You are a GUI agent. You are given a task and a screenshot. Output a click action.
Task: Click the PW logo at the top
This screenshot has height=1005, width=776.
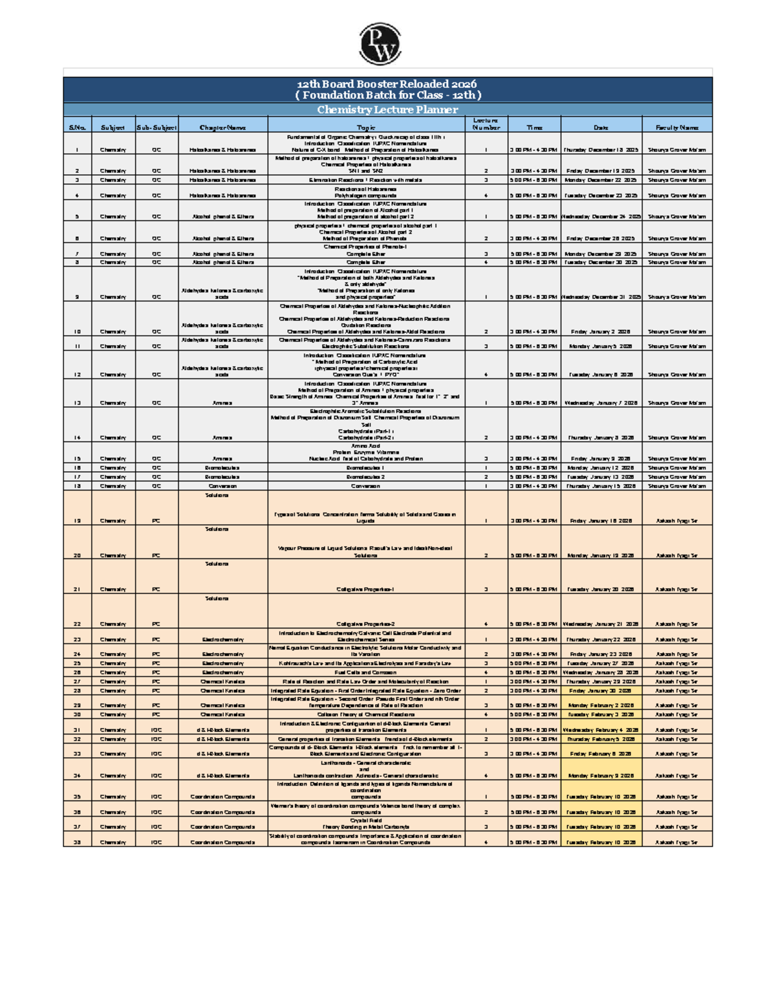pyautogui.click(x=380, y=43)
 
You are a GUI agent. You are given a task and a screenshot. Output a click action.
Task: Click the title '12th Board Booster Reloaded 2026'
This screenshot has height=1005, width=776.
pyautogui.click(x=387, y=84)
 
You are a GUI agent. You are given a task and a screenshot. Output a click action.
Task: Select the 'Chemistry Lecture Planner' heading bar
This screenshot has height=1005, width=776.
pyautogui.click(x=387, y=110)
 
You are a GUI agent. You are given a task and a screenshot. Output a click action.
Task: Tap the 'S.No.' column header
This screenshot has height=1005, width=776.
pyautogui.click(x=77, y=127)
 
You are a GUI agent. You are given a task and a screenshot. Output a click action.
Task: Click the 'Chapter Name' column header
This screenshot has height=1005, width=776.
pyautogui.click(x=222, y=127)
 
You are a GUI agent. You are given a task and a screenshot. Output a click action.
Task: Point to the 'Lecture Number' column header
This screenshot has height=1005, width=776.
pyautogui.click(x=486, y=124)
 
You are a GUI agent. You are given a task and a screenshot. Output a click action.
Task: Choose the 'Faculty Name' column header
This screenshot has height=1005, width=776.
pyautogui.click(x=676, y=127)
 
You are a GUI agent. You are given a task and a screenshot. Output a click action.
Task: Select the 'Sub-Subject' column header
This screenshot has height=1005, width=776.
pyautogui.click(x=156, y=127)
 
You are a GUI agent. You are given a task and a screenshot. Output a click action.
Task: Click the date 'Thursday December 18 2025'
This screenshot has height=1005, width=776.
pyautogui.click(x=601, y=149)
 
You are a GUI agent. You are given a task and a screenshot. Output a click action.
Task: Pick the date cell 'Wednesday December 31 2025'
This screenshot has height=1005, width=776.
pyautogui.click(x=601, y=297)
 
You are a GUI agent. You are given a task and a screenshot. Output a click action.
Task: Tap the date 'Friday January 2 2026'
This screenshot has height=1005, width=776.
pyautogui.click(x=601, y=331)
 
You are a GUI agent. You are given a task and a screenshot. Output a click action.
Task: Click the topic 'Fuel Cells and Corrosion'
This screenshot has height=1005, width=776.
pyautogui.click(x=365, y=672)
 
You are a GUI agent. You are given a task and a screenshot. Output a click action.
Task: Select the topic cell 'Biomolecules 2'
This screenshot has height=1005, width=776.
pyautogui.click(x=365, y=476)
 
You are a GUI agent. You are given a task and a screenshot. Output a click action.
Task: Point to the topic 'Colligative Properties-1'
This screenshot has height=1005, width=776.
pyautogui.click(x=365, y=590)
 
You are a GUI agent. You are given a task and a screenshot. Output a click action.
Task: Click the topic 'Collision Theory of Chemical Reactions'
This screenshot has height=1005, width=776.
pyautogui.click(x=365, y=714)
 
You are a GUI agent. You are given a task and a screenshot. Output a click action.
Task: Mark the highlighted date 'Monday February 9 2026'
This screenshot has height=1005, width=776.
pyautogui.click(x=601, y=775)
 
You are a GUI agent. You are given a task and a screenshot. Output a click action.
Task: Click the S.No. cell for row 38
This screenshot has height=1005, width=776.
pyautogui.click(x=77, y=842)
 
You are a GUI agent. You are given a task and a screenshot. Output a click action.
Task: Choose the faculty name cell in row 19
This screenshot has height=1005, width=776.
pyautogui.click(x=676, y=520)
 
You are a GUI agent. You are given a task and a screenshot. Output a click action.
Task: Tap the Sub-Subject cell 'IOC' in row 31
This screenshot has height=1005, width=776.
pyautogui.click(x=156, y=729)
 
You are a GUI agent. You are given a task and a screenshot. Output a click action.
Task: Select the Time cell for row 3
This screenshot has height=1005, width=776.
pyautogui.click(x=533, y=180)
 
